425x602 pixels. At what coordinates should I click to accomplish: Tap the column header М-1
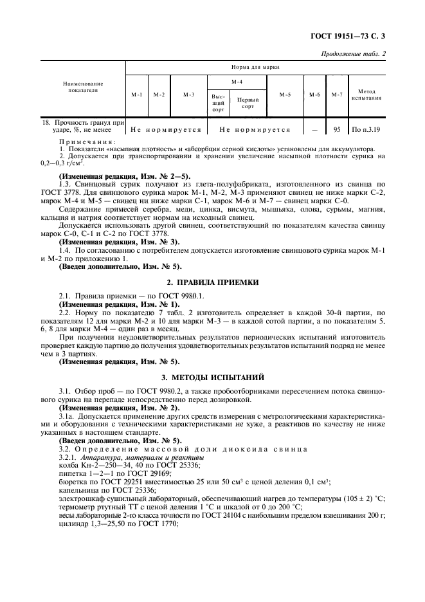click(136, 95)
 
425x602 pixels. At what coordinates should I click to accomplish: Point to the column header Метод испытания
click(367, 95)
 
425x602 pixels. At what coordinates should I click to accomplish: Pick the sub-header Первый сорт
click(248, 103)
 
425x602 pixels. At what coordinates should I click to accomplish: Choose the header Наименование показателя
click(82, 87)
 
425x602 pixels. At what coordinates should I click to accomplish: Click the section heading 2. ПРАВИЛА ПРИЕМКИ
click(212, 282)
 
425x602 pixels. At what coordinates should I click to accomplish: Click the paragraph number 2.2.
click(65, 311)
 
